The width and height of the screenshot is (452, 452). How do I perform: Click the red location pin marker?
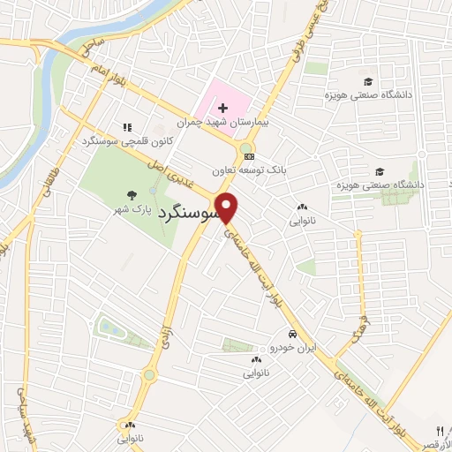229,207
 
